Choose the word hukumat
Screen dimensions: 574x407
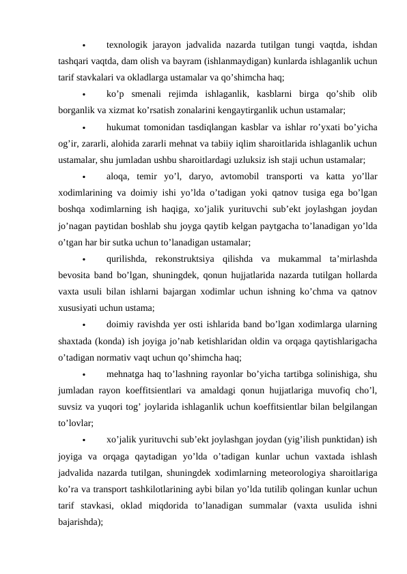(x=124, y=127)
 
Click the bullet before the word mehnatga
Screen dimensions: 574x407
(x=82, y=375)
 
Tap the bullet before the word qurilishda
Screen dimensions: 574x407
(x=82, y=259)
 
